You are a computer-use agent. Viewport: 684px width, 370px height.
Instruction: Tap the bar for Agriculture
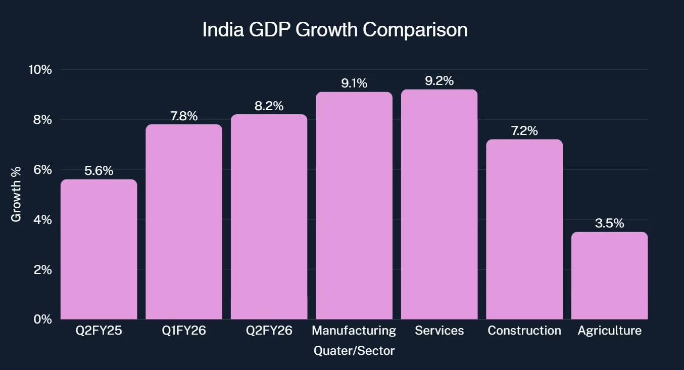pyautogui.click(x=609, y=275)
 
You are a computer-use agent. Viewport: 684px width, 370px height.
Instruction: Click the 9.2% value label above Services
pyautogui.click(x=439, y=81)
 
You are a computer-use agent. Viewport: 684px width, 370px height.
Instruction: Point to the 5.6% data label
pyautogui.click(x=99, y=171)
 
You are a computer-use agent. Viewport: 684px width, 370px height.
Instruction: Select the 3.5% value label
pyautogui.click(x=609, y=223)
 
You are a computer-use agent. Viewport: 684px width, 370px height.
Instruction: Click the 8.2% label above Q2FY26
pyautogui.click(x=269, y=106)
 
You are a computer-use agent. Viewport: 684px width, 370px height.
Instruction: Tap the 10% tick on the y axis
pyautogui.click(x=39, y=70)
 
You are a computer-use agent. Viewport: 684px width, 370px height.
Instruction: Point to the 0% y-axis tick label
pyautogui.click(x=42, y=319)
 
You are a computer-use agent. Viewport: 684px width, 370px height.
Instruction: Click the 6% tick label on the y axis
pyautogui.click(x=42, y=170)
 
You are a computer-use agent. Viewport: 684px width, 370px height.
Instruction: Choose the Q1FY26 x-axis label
pyautogui.click(x=184, y=331)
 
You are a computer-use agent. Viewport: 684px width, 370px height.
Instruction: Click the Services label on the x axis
pyautogui.click(x=439, y=331)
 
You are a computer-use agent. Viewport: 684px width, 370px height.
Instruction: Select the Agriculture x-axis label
pyautogui.click(x=609, y=331)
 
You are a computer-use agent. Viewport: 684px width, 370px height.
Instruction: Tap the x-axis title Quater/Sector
pyautogui.click(x=354, y=351)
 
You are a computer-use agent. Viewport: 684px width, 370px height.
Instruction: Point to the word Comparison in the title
pyautogui.click(x=415, y=30)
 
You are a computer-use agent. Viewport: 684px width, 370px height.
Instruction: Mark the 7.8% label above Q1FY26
pyautogui.click(x=184, y=116)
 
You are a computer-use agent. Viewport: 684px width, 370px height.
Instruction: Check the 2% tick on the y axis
pyautogui.click(x=42, y=270)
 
